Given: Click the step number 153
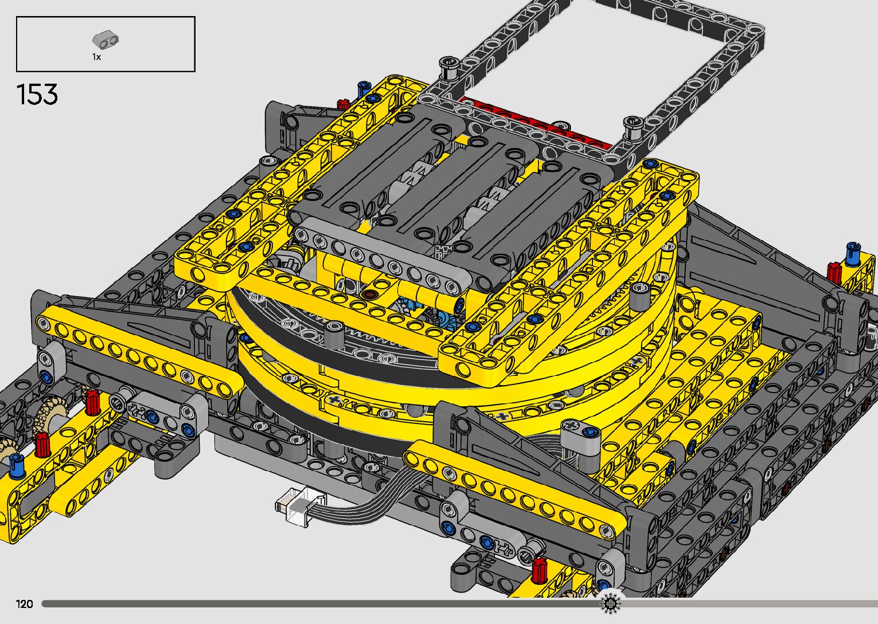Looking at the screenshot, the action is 37,95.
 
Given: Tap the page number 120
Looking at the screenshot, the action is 24,603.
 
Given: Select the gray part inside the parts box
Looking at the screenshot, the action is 106,40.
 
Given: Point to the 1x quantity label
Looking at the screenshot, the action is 97,57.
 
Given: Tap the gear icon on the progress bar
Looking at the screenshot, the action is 610,603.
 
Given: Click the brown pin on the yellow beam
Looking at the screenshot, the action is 369,294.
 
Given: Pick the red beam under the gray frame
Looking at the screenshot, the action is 533,121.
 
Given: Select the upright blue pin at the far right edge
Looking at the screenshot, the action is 852,253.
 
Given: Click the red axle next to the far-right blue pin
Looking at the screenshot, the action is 834,272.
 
